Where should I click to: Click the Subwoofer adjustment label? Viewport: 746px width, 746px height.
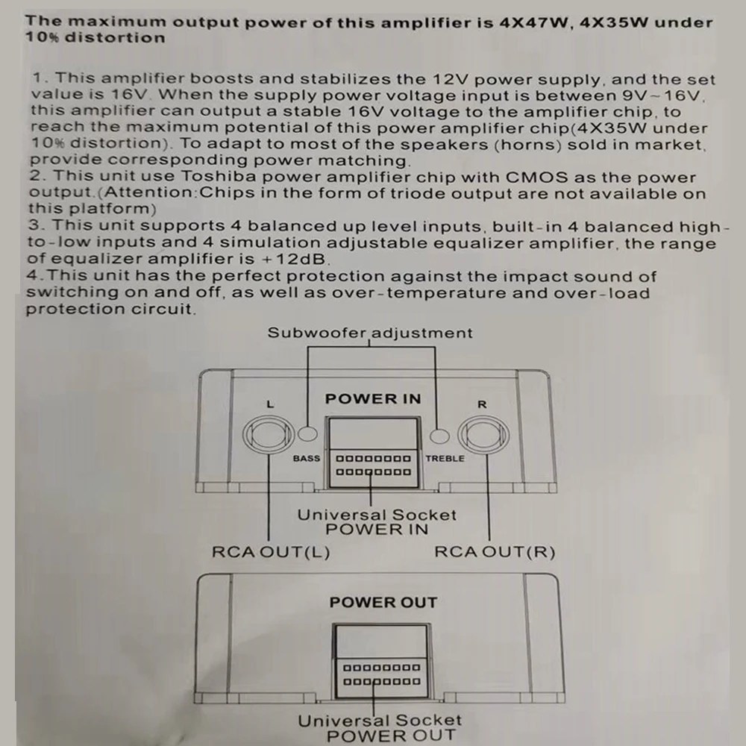tap(370, 333)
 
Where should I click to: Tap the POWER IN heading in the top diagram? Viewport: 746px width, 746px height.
tap(373, 399)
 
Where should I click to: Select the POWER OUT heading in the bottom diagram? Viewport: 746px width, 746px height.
tap(383, 602)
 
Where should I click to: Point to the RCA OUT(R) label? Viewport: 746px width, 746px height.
tap(495, 553)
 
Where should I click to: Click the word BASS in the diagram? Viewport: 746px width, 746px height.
tap(306, 458)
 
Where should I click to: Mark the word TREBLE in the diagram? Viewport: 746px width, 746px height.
tap(445, 458)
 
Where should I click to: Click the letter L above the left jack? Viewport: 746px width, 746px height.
tap(270, 404)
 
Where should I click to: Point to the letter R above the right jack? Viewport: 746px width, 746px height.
tap(482, 404)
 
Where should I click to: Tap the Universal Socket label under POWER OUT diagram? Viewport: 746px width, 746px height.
tap(380, 721)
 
